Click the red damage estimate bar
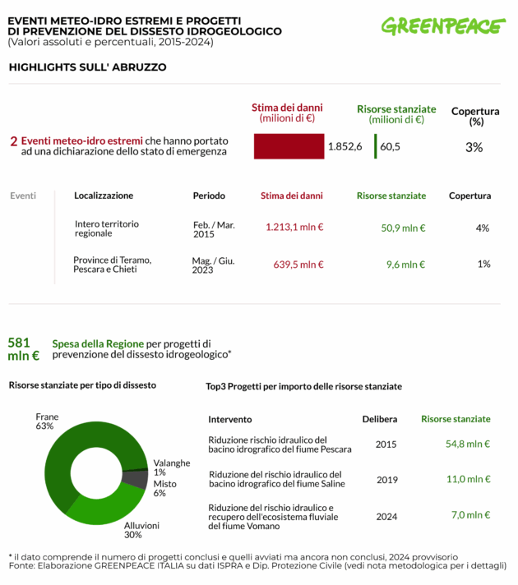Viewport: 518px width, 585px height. [x=289, y=146]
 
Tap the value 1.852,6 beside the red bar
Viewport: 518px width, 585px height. [x=345, y=146]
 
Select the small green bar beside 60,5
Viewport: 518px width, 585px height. [x=375, y=146]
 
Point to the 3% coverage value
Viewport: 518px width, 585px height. [x=474, y=147]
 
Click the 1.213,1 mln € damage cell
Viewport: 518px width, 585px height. [x=294, y=227]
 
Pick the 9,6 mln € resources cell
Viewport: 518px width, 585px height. [x=405, y=264]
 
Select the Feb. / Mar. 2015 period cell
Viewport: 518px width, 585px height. [x=214, y=229]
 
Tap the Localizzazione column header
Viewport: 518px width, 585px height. [x=104, y=196]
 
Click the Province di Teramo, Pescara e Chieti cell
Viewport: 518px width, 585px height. [x=112, y=264]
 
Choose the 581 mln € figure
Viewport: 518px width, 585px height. [x=23, y=348]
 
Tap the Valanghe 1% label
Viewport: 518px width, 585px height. [x=171, y=467]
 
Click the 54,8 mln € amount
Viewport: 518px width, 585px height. [x=467, y=444]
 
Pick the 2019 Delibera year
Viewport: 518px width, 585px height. [x=386, y=479]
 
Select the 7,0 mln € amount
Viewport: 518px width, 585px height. [x=470, y=515]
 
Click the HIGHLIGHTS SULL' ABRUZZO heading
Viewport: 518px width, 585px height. [x=87, y=67]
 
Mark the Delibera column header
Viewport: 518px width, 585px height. [x=380, y=419]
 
